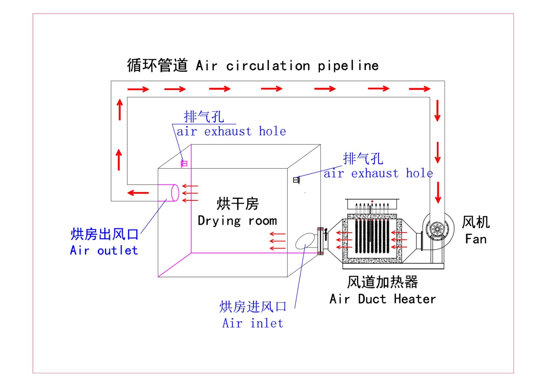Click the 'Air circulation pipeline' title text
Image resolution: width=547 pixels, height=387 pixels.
[287, 66]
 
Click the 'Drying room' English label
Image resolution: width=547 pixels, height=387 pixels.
[237, 221]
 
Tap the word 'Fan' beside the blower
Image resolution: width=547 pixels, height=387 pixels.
[476, 239]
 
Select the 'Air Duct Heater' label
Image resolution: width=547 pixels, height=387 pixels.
[383, 299]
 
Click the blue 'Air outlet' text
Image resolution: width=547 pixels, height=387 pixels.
[104, 250]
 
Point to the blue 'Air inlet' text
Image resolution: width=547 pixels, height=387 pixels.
[253, 323]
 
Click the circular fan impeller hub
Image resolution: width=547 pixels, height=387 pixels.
[437, 229]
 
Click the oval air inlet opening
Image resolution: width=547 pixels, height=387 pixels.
[305, 241]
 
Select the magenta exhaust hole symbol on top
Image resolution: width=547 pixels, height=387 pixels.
[184, 164]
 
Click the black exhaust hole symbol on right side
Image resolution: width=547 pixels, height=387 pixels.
[296, 180]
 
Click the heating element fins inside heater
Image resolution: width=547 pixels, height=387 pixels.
[372, 236]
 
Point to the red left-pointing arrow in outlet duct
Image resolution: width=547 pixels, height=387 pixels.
[138, 193]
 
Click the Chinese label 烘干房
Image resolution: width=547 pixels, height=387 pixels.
[238, 204]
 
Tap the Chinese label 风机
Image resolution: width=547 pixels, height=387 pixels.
[476, 222]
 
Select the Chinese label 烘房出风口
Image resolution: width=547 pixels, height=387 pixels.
[104, 234]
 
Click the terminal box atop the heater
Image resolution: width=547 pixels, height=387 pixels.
[372, 204]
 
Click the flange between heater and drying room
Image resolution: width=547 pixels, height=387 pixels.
[320, 241]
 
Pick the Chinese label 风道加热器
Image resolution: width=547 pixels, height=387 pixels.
[383, 282]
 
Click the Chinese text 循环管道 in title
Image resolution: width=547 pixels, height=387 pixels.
[157, 65]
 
